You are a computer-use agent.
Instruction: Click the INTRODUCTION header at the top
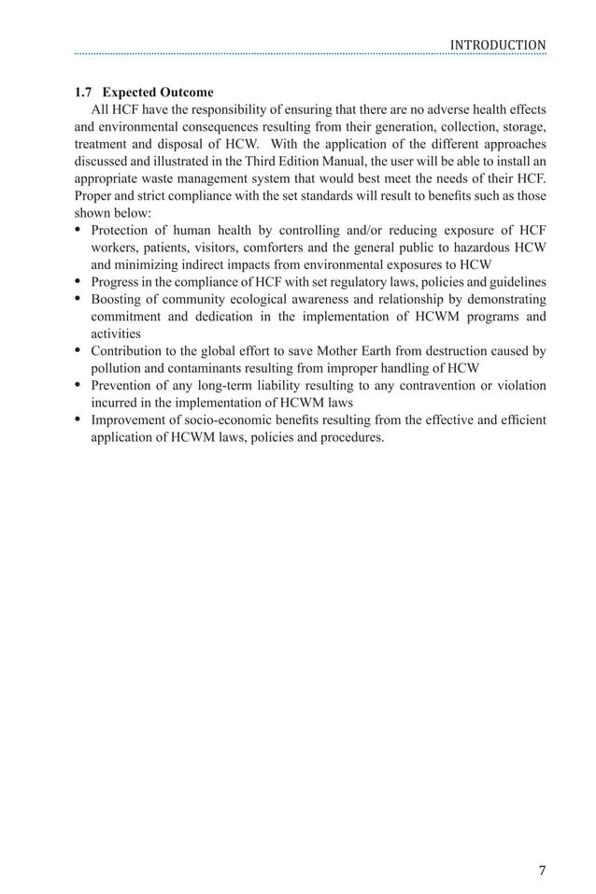tap(497, 45)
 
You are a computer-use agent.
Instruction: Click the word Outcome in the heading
tap(187, 92)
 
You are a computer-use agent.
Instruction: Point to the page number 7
tap(543, 871)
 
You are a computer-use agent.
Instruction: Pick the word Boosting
tap(118, 299)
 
